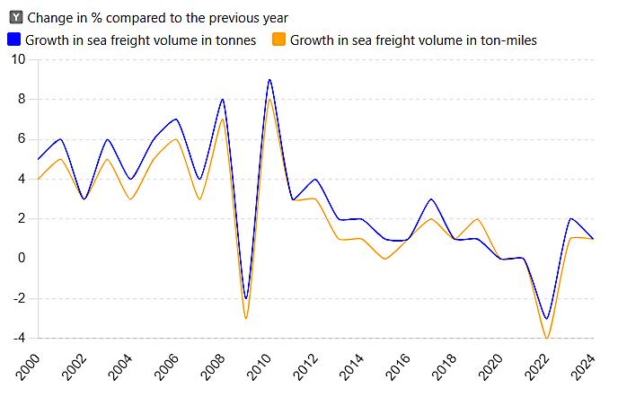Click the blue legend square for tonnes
pos(13,40)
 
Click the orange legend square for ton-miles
pos(278,40)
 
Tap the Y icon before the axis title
pos(15,17)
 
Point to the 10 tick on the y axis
pos(19,59)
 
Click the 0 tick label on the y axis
pos(23,259)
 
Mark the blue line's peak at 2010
pos(269,80)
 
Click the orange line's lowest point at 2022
pos(547,338)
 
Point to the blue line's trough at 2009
pos(246,298)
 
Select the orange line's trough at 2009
pos(246,318)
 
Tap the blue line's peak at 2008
pos(223,100)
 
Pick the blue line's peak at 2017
pos(431,199)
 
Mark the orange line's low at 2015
pos(385,259)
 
